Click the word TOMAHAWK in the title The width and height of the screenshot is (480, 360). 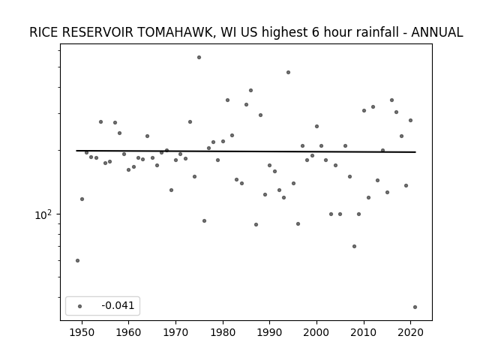175,32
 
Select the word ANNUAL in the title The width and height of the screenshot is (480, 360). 436,32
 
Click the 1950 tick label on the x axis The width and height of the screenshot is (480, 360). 82,332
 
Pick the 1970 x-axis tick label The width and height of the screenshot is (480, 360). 175,332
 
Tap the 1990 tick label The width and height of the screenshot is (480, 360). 270,332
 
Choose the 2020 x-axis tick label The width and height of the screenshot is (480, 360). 411,332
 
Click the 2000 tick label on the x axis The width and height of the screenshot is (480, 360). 316,332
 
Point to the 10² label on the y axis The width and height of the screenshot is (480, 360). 43,215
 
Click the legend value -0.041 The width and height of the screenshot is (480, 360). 118,305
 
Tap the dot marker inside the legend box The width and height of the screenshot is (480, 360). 80,306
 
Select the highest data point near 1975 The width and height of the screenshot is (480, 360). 199,57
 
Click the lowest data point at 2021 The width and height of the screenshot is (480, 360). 415,307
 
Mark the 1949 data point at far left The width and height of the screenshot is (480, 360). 77,260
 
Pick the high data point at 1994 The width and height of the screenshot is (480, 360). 288,72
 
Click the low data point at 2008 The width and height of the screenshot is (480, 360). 354,246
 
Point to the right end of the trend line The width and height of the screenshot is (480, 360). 415,151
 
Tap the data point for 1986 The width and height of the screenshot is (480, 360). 250,90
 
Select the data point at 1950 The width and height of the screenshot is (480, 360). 82,199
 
